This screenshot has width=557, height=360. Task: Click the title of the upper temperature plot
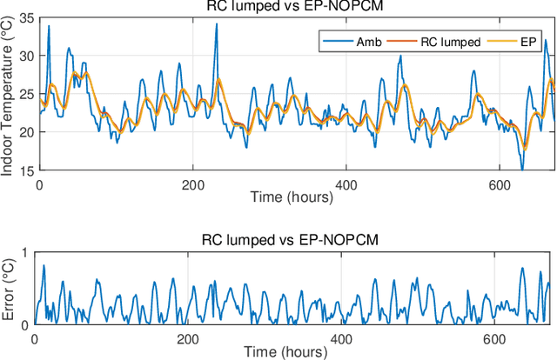click(296, 8)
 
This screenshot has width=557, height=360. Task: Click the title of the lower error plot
click(296, 243)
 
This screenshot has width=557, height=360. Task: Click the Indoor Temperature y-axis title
click(9, 94)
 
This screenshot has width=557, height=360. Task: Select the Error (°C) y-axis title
click(9, 288)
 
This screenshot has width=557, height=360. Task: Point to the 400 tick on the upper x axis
click(346, 184)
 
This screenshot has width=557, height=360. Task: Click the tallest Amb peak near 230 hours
click(216, 24)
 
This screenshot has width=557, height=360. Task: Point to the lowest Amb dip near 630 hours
click(522, 170)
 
